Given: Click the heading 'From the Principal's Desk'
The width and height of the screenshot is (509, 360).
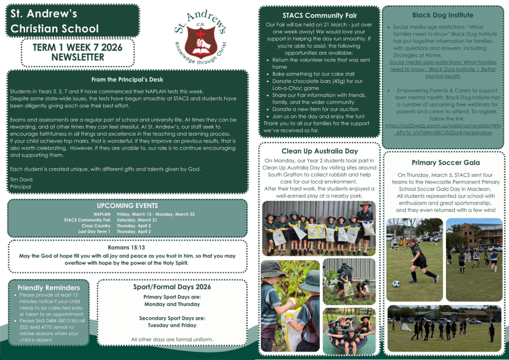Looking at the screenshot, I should click(127, 80).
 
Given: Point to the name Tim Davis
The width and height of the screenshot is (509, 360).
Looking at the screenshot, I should click(19, 179).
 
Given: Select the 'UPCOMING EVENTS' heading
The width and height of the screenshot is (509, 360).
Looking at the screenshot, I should click(127, 206).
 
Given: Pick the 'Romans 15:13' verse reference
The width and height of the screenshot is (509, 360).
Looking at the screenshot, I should click(128, 248).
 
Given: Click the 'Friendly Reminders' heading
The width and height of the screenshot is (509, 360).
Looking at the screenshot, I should click(49, 288).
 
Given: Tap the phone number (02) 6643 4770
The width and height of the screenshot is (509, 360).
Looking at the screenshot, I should click(36, 327).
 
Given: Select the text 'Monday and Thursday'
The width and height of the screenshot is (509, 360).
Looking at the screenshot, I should click(172, 304).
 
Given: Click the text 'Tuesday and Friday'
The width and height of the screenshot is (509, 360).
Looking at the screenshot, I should click(172, 325).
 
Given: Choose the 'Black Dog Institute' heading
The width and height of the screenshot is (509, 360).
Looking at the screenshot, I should click(443, 15).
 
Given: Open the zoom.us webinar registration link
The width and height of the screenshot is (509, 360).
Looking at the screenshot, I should click(442, 129).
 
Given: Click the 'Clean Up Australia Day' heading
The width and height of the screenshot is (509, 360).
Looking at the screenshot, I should click(319, 151).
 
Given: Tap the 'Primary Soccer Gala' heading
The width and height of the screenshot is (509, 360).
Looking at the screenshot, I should click(445, 163).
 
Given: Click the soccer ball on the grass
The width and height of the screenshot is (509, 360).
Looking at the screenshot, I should click(396, 283).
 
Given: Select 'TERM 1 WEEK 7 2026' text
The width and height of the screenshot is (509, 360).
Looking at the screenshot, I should click(78, 48).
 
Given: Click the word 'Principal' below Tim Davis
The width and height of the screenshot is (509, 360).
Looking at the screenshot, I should click(20, 186).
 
